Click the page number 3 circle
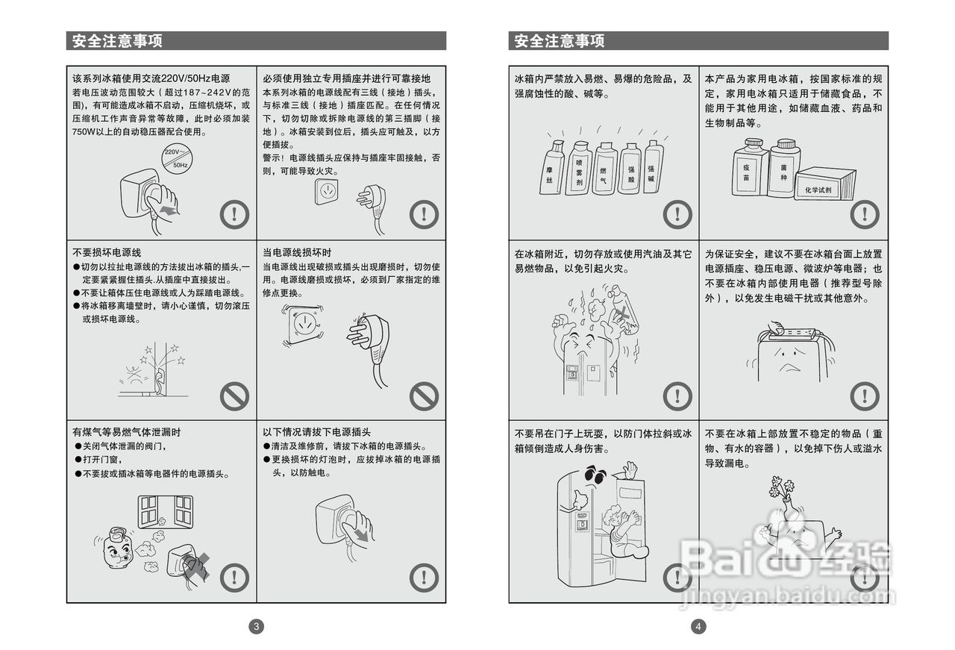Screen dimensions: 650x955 pyautogui.click(x=256, y=627)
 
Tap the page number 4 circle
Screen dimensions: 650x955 pyautogui.click(x=698, y=627)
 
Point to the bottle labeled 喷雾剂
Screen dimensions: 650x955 pyautogui.click(x=578, y=169)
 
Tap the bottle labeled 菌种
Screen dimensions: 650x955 pyautogui.click(x=783, y=167)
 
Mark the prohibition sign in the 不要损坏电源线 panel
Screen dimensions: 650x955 pyautogui.click(x=234, y=396)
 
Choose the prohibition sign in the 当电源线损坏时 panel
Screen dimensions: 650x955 pyautogui.click(x=424, y=396)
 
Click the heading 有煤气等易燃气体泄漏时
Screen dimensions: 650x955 pyautogui.click(x=127, y=432)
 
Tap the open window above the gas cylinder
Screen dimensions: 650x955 pyautogui.click(x=165, y=512)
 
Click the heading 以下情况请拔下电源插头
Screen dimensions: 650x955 pyautogui.click(x=316, y=432)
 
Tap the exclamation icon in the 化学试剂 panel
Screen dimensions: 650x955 pyautogui.click(x=865, y=214)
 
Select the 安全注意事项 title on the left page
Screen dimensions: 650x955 pyautogui.click(x=118, y=41)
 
